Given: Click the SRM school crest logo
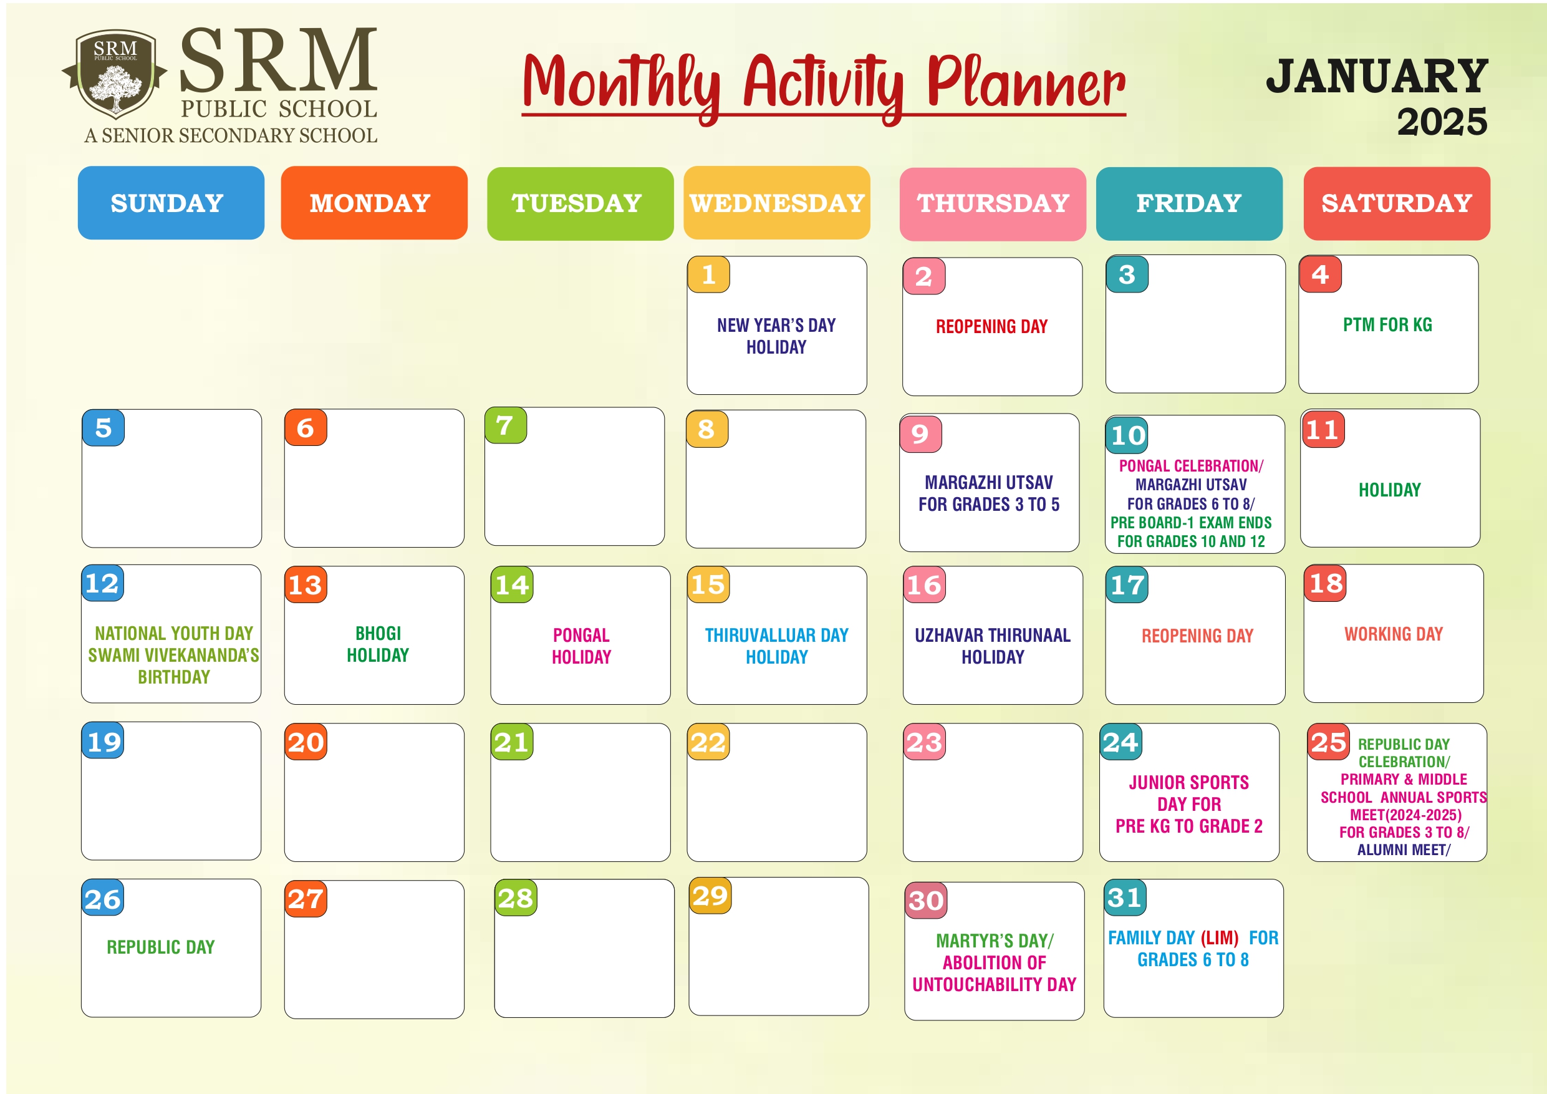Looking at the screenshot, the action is [115, 74].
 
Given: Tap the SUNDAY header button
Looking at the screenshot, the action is [171, 203].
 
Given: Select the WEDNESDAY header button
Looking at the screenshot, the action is [777, 203].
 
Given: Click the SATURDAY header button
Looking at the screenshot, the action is [1397, 203].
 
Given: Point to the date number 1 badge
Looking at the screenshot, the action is [709, 274].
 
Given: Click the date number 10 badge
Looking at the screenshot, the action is [1127, 435].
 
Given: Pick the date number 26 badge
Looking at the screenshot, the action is [103, 898].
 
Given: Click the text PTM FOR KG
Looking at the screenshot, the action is [1388, 325].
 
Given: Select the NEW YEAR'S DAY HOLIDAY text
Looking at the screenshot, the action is [776, 336].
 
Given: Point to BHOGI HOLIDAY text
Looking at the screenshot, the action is [378, 644].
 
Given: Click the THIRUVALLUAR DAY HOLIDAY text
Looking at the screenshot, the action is [777, 646].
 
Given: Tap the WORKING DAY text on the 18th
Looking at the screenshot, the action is [1394, 634].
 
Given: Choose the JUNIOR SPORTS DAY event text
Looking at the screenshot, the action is [1189, 804].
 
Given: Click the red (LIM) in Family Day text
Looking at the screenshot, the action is [1220, 937].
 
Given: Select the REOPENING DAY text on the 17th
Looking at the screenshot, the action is [1197, 636].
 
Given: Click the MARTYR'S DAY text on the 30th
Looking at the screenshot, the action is [995, 941].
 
